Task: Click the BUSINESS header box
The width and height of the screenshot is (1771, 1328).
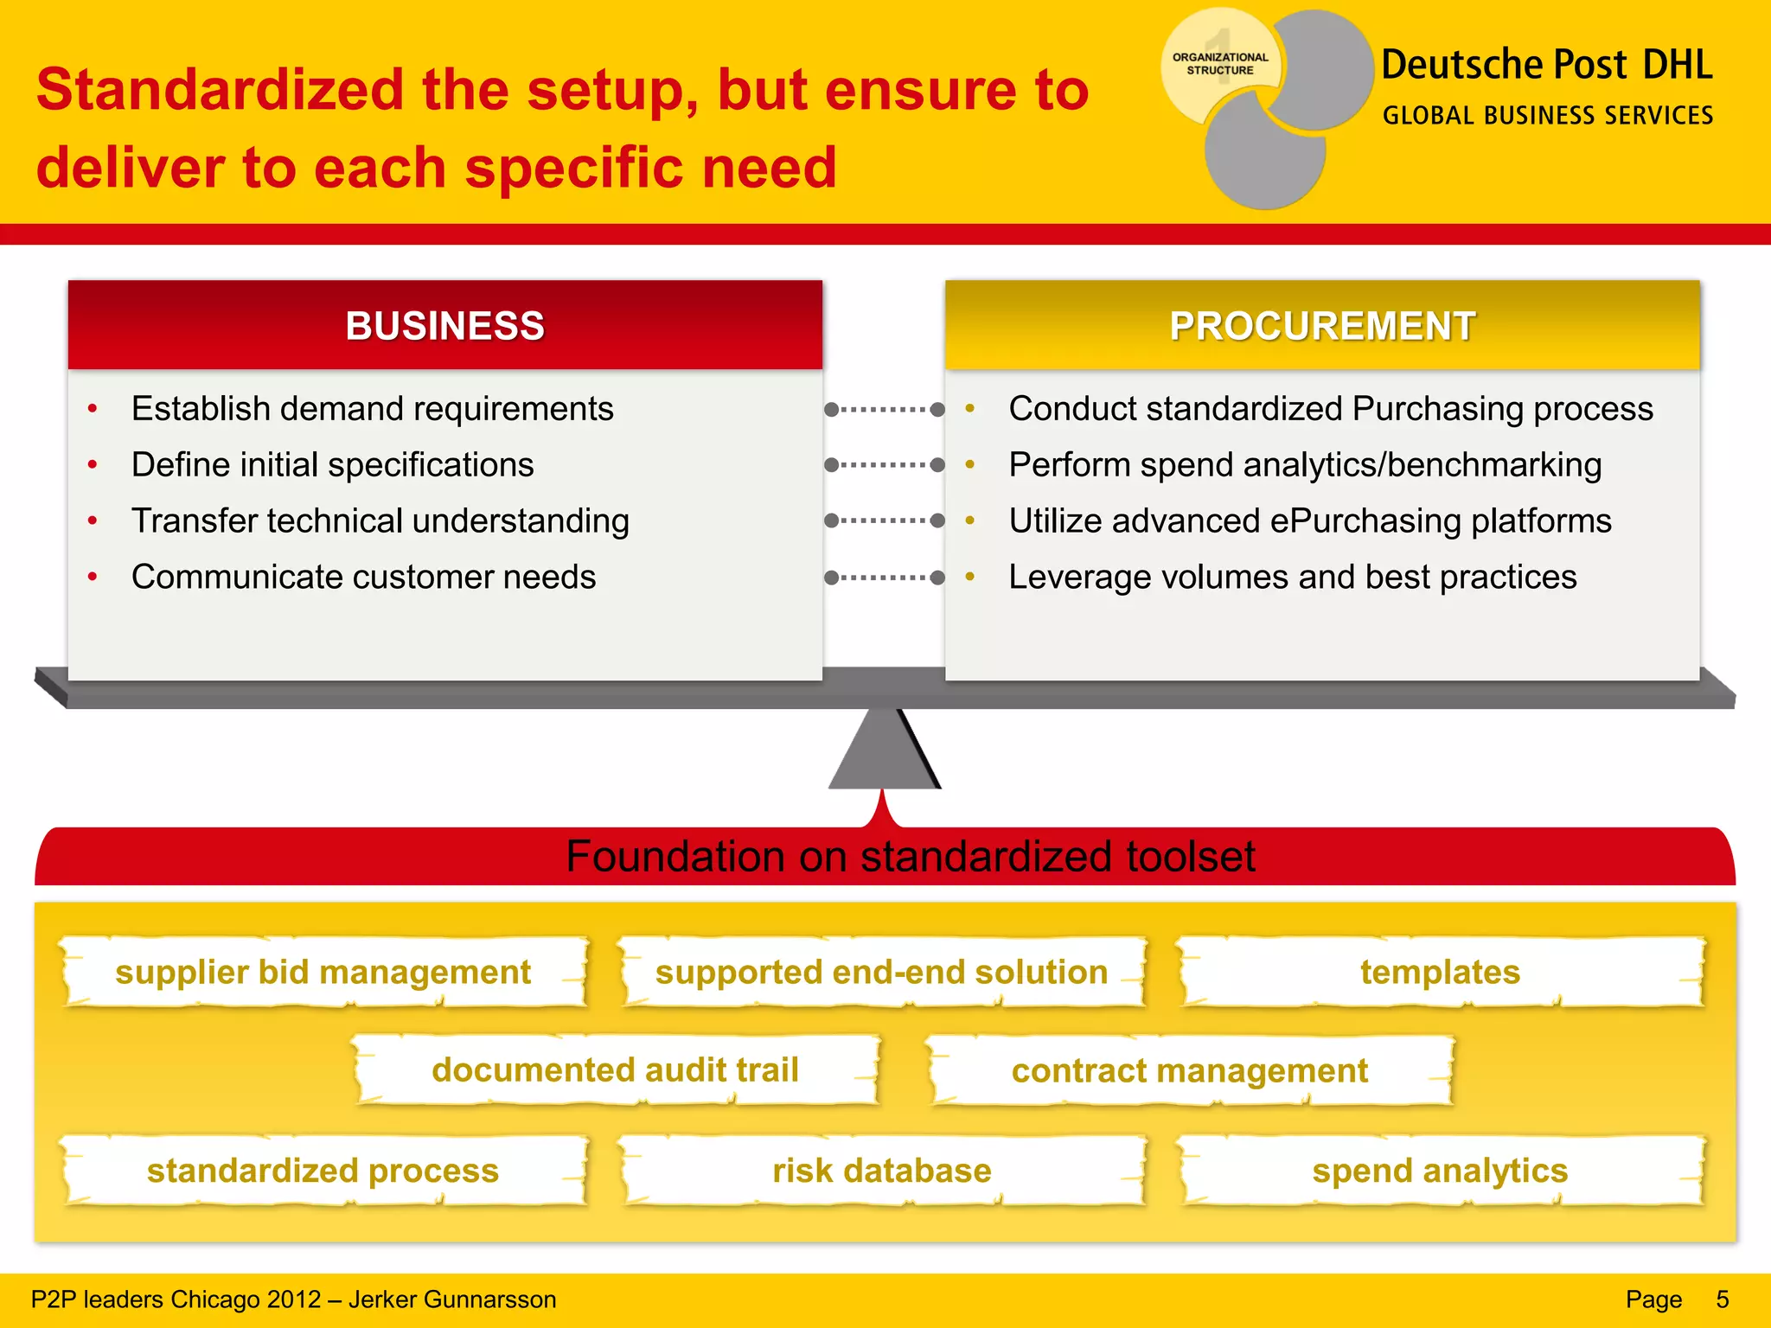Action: (444, 326)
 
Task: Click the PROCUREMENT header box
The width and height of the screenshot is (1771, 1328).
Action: (1322, 326)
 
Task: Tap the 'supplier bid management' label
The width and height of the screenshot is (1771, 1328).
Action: (323, 973)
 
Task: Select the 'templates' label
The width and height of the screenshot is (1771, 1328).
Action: (1440, 973)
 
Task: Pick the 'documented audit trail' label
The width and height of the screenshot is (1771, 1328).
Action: (615, 1070)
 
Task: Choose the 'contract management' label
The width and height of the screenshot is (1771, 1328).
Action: (1190, 1071)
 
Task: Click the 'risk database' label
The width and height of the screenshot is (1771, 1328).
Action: (881, 1171)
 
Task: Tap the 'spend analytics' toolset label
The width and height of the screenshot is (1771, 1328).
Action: (1440, 1171)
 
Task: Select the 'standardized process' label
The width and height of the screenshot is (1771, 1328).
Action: (323, 1171)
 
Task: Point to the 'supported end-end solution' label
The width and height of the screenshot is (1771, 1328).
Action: (881, 973)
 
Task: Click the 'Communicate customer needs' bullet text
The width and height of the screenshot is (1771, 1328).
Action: (363, 577)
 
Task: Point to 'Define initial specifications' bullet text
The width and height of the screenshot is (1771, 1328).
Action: (332, 465)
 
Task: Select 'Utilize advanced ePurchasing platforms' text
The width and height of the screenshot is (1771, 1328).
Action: (1309, 521)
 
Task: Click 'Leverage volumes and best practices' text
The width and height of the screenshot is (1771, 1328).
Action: (1292, 577)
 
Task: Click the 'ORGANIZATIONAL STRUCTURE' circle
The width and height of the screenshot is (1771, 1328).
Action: (1220, 64)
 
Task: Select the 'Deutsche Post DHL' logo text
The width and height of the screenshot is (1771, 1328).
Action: (1546, 66)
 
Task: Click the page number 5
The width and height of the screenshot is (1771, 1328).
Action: (1722, 1299)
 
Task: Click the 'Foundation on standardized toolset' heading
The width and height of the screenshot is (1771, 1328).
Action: (910, 857)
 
